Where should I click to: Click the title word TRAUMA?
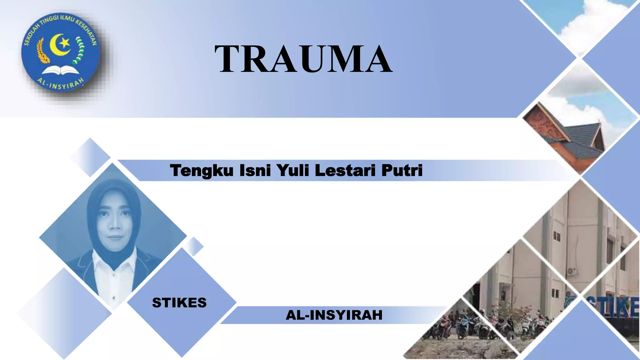coord(303,59)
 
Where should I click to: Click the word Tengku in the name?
coord(202,171)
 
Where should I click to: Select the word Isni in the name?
coord(255,171)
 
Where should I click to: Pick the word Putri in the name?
coord(402,171)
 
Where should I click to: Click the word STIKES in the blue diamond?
coord(179,303)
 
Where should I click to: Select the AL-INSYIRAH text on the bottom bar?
coord(334,315)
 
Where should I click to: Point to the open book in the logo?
coord(61,71)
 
